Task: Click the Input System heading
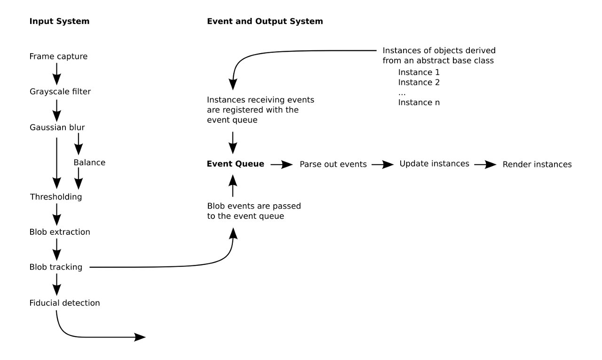(x=59, y=21)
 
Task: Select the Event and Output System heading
(x=265, y=21)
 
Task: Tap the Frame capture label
(x=58, y=56)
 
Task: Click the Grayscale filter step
(x=60, y=92)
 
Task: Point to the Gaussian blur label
(x=57, y=127)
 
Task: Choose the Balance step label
(x=89, y=163)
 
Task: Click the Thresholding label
(x=55, y=197)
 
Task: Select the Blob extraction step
(x=60, y=232)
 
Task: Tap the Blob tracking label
(x=55, y=267)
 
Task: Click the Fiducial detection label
(x=64, y=303)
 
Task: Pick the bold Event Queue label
(x=236, y=164)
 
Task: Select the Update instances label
(x=434, y=164)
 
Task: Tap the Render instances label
(x=537, y=164)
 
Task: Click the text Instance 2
(x=419, y=82)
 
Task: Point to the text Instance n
(x=419, y=102)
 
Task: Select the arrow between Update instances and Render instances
(x=485, y=164)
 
